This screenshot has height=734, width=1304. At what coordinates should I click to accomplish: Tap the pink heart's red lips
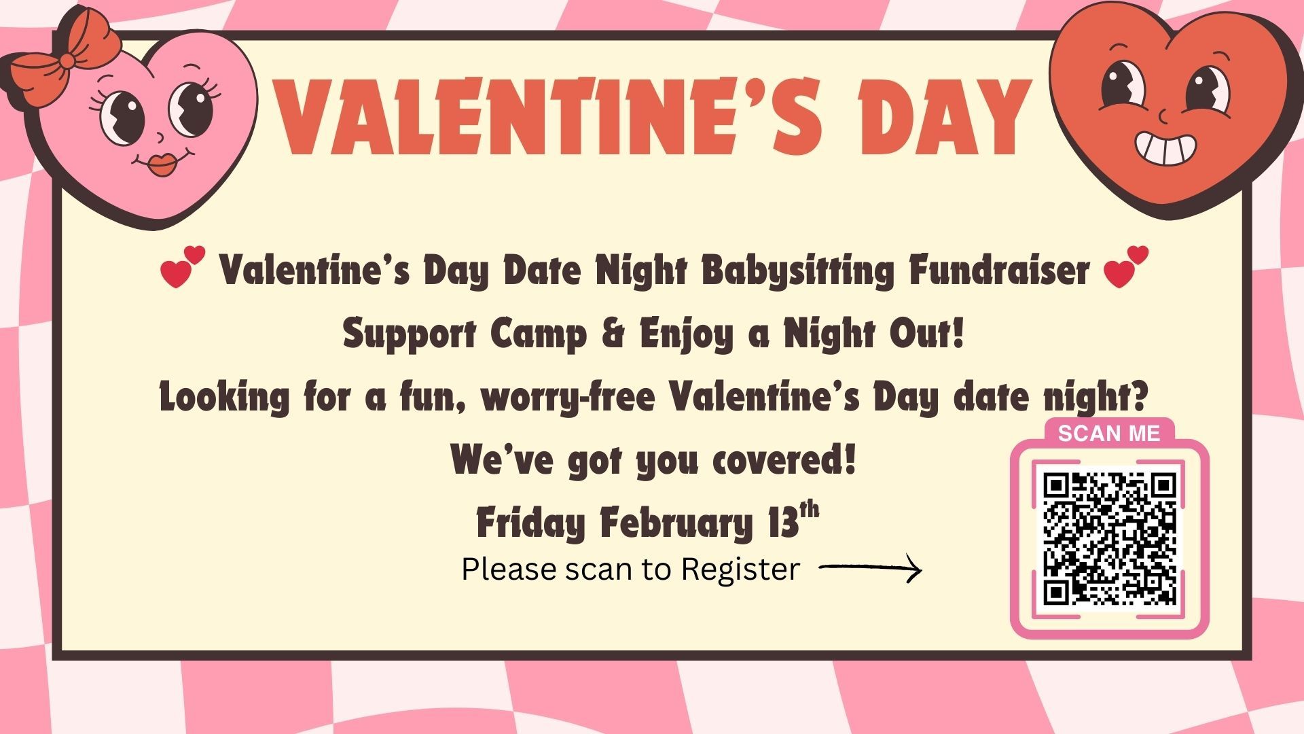coord(161,164)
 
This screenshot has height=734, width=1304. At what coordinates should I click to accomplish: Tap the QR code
coord(1109,538)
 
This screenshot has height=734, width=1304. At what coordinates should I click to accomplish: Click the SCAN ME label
coord(1109,434)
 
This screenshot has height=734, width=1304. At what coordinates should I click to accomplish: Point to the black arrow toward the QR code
coord(871,569)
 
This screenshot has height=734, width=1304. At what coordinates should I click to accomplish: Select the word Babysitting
coord(798,270)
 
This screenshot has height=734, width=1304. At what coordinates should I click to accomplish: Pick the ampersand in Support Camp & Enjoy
coord(613,334)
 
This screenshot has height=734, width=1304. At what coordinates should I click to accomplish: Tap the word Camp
coord(538,335)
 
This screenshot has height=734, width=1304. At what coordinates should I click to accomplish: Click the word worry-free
coord(568,398)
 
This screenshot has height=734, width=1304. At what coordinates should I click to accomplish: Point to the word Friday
coord(530,523)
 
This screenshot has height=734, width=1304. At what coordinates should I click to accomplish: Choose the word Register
coord(740,570)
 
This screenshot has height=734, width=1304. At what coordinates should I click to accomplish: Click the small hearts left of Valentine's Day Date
coord(182,266)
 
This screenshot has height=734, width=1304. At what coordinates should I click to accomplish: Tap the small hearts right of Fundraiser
coord(1125,266)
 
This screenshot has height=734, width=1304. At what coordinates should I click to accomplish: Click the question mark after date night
coord(1136,396)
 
